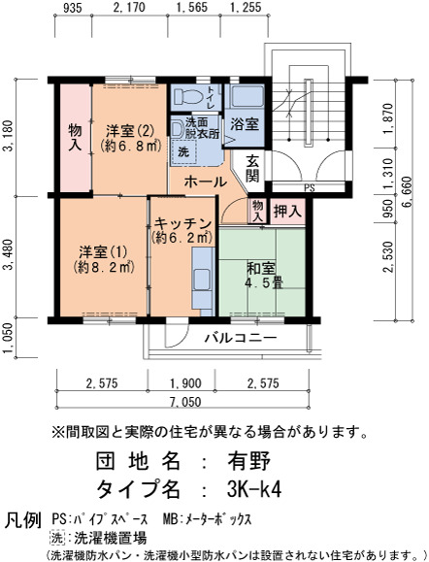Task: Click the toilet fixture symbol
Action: pyautogui.click(x=186, y=96)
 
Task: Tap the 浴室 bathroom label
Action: pyautogui.click(x=245, y=124)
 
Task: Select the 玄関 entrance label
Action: pyautogui.click(x=252, y=169)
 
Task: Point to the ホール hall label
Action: pyautogui.click(x=206, y=182)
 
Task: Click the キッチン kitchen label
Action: pyautogui.click(x=182, y=224)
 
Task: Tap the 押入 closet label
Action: pyautogui.click(x=287, y=212)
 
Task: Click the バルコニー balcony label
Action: pyautogui.click(x=241, y=338)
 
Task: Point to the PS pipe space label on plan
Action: pyautogui.click(x=310, y=187)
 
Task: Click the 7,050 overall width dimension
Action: pyautogui.click(x=183, y=402)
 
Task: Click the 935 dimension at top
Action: pyautogui.click(x=73, y=7)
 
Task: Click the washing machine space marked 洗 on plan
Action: pyautogui.click(x=183, y=152)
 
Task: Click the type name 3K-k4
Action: pyautogui.click(x=254, y=488)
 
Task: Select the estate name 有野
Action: pyautogui.click(x=249, y=461)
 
